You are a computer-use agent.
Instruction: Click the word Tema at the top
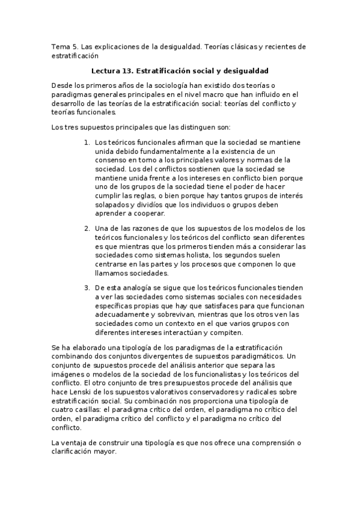point(61,46)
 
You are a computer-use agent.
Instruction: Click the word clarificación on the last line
point(74,452)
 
